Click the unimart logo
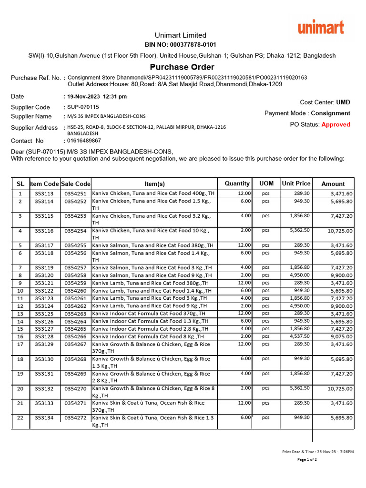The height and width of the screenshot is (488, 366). point(321,27)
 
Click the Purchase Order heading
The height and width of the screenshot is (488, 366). point(182,67)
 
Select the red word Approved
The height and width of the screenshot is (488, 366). point(335,124)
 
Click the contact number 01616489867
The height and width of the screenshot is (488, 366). point(84,141)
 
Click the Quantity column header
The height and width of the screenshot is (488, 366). point(237,183)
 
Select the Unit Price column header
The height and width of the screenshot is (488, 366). point(296,183)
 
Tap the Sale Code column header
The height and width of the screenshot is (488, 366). point(76,183)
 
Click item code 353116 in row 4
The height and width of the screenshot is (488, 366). point(44,231)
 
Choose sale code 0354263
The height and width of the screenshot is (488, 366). point(76,314)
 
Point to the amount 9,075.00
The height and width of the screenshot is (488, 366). point(341,336)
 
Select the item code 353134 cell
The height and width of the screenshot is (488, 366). point(44,418)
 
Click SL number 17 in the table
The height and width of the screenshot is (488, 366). point(20,344)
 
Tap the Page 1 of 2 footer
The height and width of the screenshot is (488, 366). point(307,459)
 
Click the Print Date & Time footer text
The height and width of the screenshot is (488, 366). point(318,451)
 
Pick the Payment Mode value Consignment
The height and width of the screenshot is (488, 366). point(330,113)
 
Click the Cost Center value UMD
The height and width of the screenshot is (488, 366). point(343,102)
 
